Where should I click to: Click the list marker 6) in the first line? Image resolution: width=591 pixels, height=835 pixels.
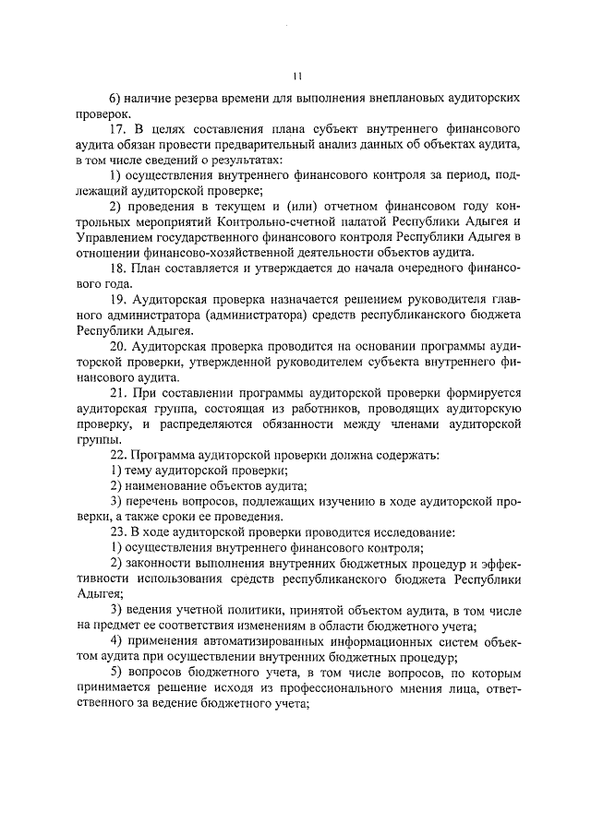pyautogui.click(x=115, y=97)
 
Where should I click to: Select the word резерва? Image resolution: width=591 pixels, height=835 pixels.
pyautogui.click(x=210, y=97)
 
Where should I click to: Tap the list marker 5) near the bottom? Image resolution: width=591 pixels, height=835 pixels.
pyautogui.click(x=115, y=673)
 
